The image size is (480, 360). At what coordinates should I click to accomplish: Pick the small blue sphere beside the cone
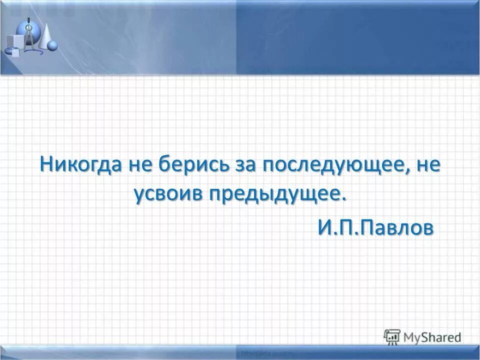(x=52, y=45)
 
